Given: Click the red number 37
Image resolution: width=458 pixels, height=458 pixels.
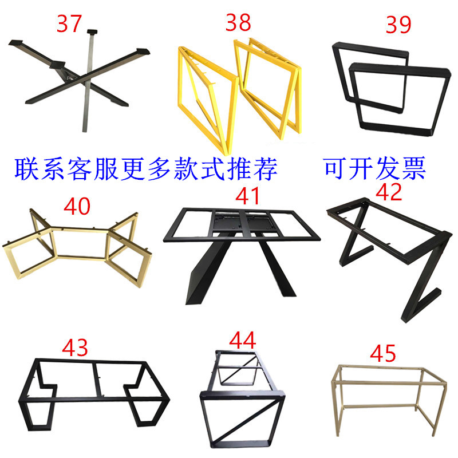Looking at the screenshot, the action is [69, 23].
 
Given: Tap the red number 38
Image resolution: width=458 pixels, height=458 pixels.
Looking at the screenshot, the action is [238, 22].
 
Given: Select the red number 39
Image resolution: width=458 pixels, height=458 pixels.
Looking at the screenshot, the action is [398, 25].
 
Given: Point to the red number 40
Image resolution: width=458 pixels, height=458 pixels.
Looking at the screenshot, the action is [77, 206].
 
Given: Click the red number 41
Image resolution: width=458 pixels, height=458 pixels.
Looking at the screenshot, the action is [247, 196].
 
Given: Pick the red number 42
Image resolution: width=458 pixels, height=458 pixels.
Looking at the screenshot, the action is [389, 192].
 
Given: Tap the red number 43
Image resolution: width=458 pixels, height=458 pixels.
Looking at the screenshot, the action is [75, 348].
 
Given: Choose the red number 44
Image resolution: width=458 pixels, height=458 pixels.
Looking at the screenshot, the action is [243, 340].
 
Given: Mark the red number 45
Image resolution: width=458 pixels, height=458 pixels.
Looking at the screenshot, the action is [383, 353].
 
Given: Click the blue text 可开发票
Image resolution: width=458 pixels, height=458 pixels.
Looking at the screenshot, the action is [375, 168].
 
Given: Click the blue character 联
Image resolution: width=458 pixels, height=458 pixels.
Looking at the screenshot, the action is [27, 169].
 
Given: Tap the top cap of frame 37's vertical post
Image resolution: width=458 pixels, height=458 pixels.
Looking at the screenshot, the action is [92, 31].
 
